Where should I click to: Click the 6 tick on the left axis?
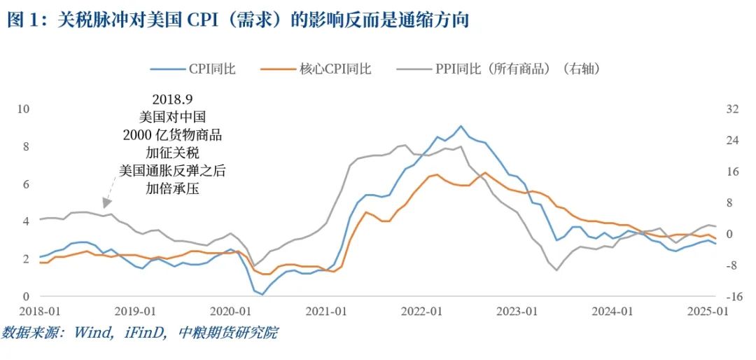26,184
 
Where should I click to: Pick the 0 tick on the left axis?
26,296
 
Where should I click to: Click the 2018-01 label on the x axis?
40,312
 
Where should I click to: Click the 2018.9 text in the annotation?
171,99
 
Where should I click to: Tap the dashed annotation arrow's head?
103,204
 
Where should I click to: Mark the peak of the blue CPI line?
461,126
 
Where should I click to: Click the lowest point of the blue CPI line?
262,294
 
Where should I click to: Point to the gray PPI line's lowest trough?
557,270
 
